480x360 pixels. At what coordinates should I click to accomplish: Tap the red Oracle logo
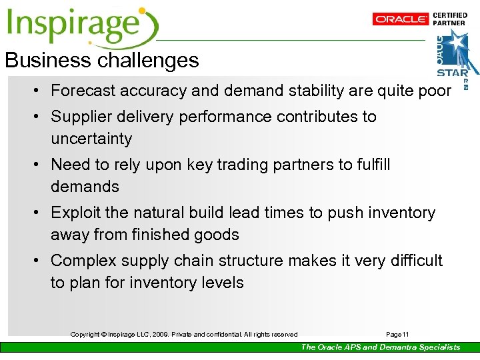click(400, 19)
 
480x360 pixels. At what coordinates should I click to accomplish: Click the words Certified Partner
click(450, 19)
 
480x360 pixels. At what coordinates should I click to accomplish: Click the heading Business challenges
click(102, 61)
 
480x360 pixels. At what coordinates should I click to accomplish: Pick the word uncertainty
click(91, 139)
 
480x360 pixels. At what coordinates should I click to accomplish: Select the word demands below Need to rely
click(85, 187)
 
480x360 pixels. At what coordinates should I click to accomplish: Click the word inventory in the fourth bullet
click(399, 213)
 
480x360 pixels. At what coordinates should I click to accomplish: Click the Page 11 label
click(398, 335)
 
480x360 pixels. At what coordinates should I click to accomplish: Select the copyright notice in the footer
click(184, 335)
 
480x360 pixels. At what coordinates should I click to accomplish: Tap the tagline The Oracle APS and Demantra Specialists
click(380, 347)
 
